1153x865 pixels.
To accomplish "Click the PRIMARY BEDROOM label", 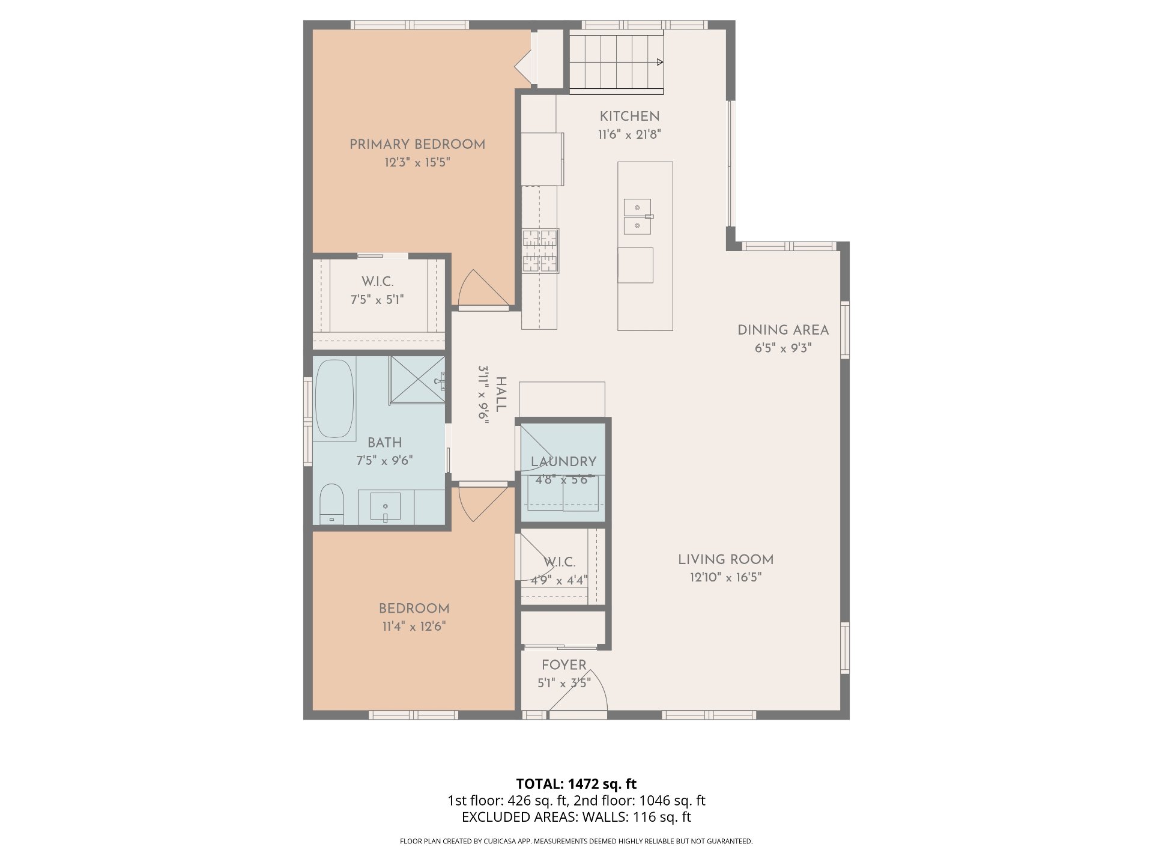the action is pos(417,145).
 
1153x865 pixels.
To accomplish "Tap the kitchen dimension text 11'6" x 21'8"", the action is pos(629,135).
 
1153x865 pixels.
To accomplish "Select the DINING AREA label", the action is pos(783,330).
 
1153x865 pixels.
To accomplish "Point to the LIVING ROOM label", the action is pos(725,560).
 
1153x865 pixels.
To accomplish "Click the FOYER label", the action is pos(564,665).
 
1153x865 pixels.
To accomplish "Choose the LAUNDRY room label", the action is pos(563,462).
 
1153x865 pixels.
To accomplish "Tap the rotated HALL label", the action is pos(501,394).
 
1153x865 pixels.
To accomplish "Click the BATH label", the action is pos(385,443).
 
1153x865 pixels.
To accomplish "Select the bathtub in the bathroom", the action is pos(334,399).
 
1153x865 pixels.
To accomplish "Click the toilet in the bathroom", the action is pos(331,505).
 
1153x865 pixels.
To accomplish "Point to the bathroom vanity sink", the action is pos(385,506).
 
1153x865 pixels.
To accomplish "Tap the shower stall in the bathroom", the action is pos(417,380).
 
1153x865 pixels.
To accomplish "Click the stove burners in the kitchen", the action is pos(540,251).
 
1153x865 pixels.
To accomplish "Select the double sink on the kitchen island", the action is pos(638,217).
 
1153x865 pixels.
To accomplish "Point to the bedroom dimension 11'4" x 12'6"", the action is pos(414,627).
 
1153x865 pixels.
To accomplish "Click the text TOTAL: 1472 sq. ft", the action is pos(576,784).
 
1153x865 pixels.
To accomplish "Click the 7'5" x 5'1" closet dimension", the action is pos(377,300).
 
